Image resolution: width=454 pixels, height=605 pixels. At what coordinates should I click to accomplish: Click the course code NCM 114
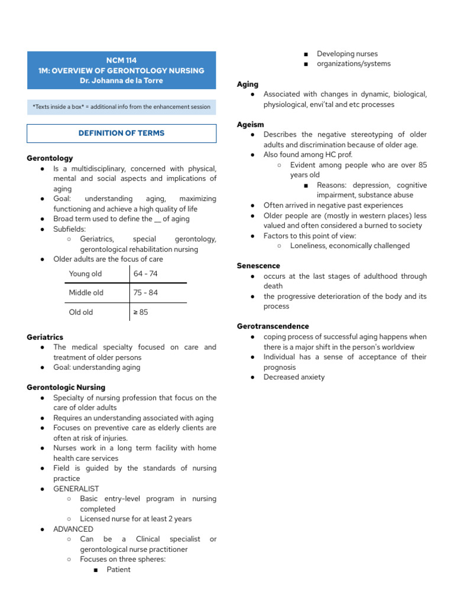121,60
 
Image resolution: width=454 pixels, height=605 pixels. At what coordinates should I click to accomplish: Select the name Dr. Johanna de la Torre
121,80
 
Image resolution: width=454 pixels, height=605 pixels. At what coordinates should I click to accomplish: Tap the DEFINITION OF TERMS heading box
121,134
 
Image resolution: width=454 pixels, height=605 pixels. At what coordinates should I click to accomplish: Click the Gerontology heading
50,158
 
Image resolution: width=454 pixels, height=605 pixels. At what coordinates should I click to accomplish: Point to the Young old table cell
85,274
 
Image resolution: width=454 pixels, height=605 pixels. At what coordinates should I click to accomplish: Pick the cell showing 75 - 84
145,292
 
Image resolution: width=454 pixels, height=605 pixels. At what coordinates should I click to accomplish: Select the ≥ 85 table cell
141,312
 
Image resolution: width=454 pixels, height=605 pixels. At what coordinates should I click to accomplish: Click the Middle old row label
86,292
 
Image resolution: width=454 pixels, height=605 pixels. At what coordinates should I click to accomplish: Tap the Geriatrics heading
45,337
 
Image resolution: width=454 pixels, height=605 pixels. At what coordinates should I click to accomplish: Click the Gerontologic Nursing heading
66,388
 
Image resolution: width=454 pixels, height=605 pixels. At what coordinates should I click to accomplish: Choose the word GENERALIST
76,489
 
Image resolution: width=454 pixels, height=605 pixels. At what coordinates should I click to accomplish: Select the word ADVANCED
73,529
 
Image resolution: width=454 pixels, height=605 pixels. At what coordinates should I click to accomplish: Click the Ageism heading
250,125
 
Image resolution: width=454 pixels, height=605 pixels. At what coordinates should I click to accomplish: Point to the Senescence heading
258,266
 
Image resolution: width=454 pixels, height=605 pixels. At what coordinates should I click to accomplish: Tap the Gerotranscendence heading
273,326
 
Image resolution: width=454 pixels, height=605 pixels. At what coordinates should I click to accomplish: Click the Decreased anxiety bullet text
294,377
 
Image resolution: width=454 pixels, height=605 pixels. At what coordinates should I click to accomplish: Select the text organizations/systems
354,64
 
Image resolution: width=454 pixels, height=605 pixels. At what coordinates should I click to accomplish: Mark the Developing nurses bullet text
347,54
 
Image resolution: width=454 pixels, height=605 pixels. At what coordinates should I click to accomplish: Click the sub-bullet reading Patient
118,570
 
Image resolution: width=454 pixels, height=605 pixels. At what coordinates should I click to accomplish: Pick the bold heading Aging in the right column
248,84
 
